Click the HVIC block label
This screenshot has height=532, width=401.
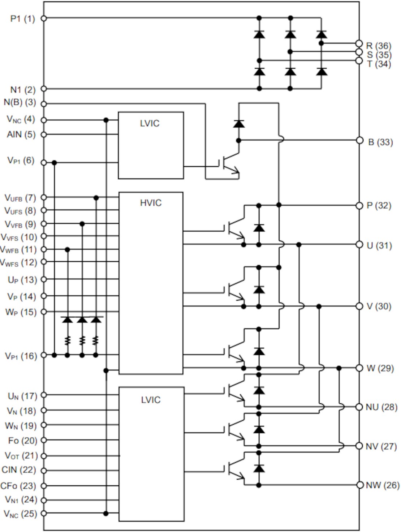point(151,203)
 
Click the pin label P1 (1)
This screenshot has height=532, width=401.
point(22,19)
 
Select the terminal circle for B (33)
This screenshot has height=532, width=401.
point(359,140)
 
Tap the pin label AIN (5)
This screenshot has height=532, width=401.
point(21,134)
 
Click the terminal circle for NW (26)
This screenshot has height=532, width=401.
point(359,485)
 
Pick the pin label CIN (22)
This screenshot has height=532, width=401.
point(19,470)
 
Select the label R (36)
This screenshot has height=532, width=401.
point(378,46)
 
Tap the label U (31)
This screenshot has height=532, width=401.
point(379,246)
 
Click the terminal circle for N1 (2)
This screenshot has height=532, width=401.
point(44,89)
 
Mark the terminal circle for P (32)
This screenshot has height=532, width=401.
point(359,206)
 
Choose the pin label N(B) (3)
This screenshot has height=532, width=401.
point(20,102)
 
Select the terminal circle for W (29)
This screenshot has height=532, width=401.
point(359,368)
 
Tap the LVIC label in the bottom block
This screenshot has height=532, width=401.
point(151,400)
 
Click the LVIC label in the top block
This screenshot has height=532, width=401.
point(150,124)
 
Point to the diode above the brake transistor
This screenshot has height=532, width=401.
point(238,124)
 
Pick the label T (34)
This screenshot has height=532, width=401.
point(379,64)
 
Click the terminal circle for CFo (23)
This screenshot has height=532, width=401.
point(44,486)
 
